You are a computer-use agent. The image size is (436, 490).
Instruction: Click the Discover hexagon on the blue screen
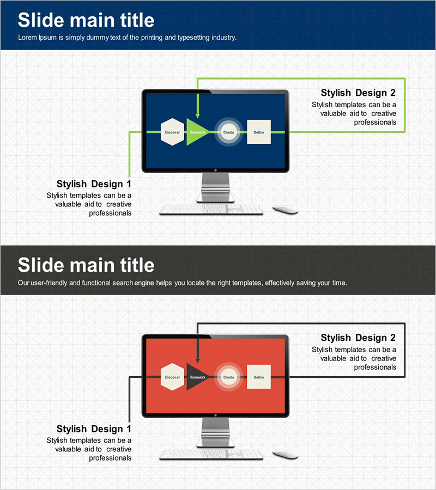coord(172,132)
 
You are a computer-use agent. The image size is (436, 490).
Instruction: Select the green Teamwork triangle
coord(196,132)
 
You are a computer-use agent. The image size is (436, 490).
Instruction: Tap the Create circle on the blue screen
coord(229,132)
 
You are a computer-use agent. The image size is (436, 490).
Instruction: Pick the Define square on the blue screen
coord(259,132)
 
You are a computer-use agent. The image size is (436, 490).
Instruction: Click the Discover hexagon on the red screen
coord(172,377)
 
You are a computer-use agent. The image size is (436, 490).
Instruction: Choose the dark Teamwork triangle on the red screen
coord(196,377)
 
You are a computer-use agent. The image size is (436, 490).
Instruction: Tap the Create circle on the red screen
coord(229,377)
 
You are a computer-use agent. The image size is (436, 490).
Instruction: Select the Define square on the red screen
coord(259,377)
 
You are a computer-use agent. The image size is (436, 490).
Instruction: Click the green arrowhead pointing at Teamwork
coord(197,115)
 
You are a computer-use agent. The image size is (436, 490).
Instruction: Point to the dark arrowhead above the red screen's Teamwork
coord(197,360)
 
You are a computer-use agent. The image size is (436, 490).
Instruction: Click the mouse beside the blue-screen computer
coord(285,210)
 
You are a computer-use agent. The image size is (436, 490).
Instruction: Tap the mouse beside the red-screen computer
coord(285,455)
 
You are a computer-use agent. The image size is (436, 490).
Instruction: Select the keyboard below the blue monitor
coord(211,210)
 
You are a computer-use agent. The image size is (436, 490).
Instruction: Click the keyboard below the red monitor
coord(211,455)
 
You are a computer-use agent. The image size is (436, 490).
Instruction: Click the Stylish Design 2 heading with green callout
coord(358,93)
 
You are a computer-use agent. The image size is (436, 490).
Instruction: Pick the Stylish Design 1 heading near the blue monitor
coord(94,184)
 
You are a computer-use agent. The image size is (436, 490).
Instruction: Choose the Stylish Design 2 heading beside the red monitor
coord(358,338)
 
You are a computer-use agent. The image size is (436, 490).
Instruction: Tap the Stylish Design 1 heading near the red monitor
coord(94,429)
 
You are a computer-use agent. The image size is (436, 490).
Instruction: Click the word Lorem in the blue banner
coord(28,38)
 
